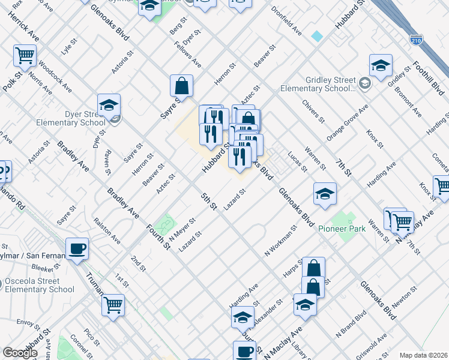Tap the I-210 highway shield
[415, 40]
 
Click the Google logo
[20, 353]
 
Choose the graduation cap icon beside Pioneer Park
[325, 193]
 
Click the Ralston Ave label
[107, 231]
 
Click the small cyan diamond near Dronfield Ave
[317, 36]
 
